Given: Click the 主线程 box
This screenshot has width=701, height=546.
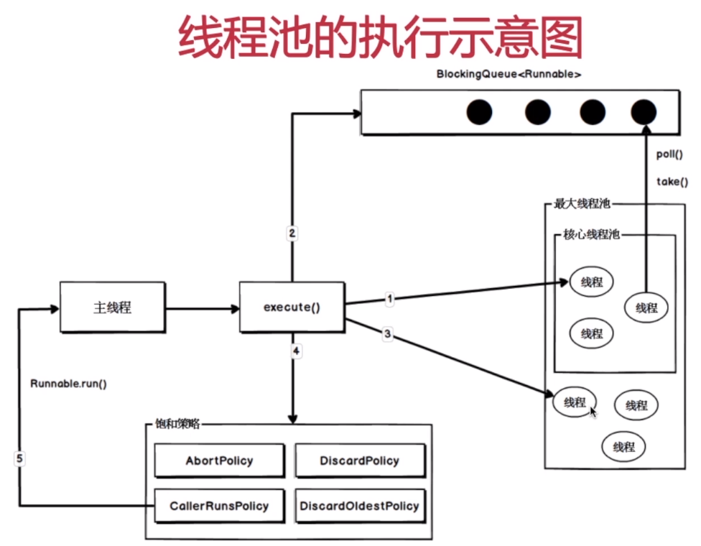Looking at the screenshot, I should click(112, 307).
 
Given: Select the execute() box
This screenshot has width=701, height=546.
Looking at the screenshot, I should click(292, 307).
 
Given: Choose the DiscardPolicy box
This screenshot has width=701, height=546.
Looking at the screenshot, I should click(359, 461).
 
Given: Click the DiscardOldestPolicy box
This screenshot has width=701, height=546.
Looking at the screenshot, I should click(359, 506).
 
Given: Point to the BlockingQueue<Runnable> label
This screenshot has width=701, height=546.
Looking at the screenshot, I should click(509, 74).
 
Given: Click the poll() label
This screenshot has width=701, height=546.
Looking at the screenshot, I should click(669, 154).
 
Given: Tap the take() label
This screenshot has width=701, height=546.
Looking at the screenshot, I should click(672, 182).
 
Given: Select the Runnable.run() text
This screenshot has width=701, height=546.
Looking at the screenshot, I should click(68, 383).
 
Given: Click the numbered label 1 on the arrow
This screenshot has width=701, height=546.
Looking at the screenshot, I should click(389, 298).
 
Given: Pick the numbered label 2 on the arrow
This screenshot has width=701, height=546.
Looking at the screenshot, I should click(292, 233).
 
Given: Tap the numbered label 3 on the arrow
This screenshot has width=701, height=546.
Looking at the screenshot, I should click(388, 333).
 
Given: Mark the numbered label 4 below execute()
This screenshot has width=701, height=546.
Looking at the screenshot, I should click(296, 351).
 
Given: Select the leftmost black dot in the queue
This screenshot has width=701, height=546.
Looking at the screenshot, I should click(479, 112).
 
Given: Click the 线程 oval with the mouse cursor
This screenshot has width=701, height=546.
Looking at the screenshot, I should click(575, 402).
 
